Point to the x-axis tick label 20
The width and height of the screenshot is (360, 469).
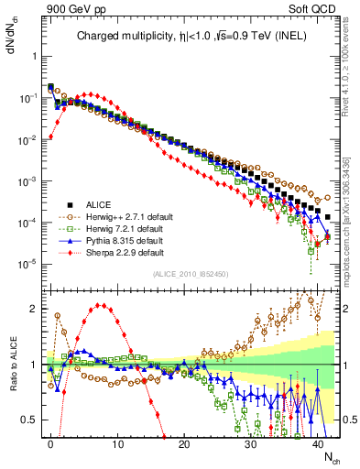click(x=184, y=443)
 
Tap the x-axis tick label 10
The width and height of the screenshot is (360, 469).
click(x=117, y=443)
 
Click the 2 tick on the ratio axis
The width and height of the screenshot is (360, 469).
click(x=35, y=308)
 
